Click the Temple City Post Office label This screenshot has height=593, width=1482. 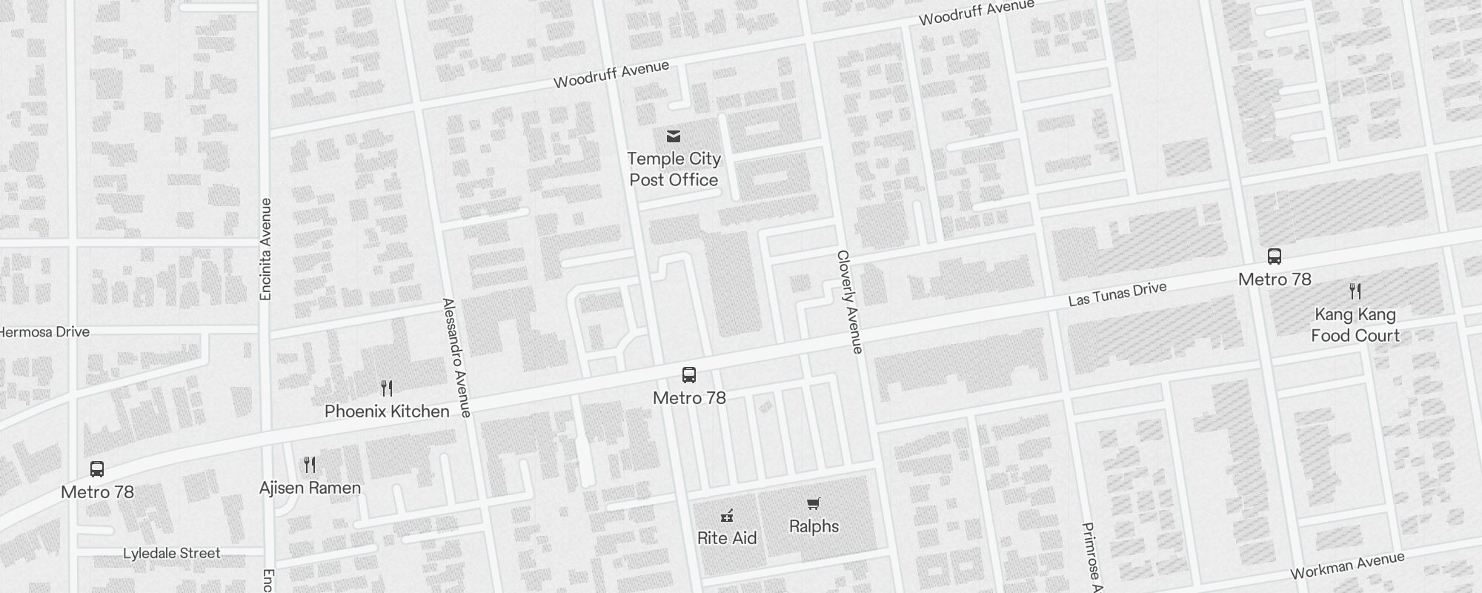[x=674, y=169]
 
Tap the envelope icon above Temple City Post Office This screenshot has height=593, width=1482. [x=674, y=136]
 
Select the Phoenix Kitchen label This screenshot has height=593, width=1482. [x=387, y=411]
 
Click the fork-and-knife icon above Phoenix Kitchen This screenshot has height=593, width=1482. [x=387, y=388]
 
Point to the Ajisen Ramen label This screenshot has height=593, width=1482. [x=310, y=488]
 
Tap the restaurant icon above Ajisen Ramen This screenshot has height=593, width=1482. [x=310, y=465]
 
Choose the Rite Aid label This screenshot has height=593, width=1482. [x=727, y=538]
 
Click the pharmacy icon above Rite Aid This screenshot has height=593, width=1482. [x=727, y=516]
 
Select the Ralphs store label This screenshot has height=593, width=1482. [x=814, y=526]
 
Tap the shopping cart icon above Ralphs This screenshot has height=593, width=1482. [x=814, y=504]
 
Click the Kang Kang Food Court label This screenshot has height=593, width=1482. [x=1355, y=325]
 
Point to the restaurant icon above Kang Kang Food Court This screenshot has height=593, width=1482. [x=1355, y=291]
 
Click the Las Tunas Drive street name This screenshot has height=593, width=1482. [x=1117, y=294]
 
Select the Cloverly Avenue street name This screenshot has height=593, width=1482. [x=850, y=302]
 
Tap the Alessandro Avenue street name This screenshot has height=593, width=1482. [x=456, y=358]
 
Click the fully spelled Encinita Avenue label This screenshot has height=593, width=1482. [x=266, y=249]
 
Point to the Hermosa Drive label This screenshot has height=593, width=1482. [x=44, y=332]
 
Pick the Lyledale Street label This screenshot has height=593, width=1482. [x=171, y=554]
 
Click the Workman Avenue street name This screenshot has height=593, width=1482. [x=1347, y=566]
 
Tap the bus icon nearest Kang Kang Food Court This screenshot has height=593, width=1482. [x=1275, y=256]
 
